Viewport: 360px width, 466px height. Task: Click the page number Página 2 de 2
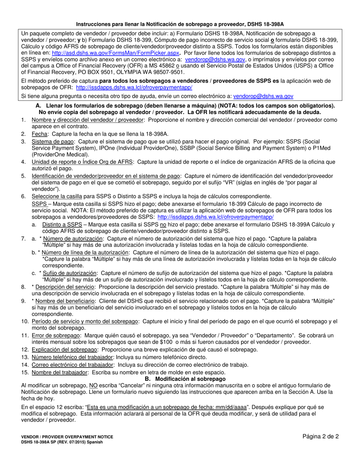tap(320, 436)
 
